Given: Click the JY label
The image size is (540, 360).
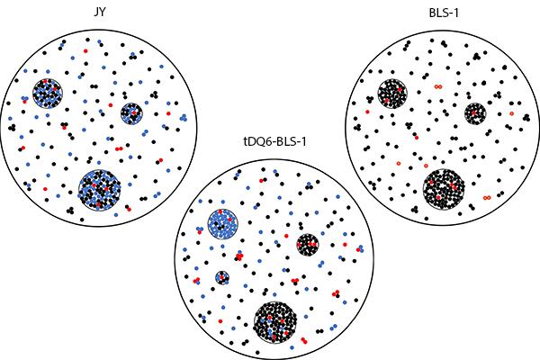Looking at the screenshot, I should pyautogui.click(x=99, y=13).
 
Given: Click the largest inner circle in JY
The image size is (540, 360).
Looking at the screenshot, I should pyautogui.click(x=100, y=189).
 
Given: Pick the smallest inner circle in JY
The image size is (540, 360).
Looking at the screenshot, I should pyautogui.click(x=131, y=112).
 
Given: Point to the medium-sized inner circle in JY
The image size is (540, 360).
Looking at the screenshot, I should pyautogui.click(x=48, y=92).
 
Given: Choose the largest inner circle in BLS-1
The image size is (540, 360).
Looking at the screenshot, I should pyautogui.click(x=445, y=189).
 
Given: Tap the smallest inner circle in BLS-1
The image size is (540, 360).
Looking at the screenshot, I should pyautogui.click(x=475, y=113).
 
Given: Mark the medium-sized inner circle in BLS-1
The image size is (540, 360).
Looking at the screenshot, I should pyautogui.click(x=392, y=93).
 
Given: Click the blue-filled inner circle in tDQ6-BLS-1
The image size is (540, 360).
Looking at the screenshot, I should pyautogui.click(x=221, y=223).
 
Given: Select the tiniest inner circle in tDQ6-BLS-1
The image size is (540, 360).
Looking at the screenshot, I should pyautogui.click(x=221, y=277).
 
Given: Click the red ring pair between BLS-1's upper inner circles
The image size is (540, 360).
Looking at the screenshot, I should pyautogui.click(x=438, y=87).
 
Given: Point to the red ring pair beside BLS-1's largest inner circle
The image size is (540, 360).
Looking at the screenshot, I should pyautogui.click(x=486, y=196).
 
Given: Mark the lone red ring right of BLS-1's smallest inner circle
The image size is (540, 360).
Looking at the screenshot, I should pyautogui.click(x=510, y=114).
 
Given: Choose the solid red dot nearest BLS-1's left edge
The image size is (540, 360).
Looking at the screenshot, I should pyautogui.click(x=367, y=112).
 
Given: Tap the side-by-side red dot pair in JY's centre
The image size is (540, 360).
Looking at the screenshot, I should pyautogui.click(x=119, y=148).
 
